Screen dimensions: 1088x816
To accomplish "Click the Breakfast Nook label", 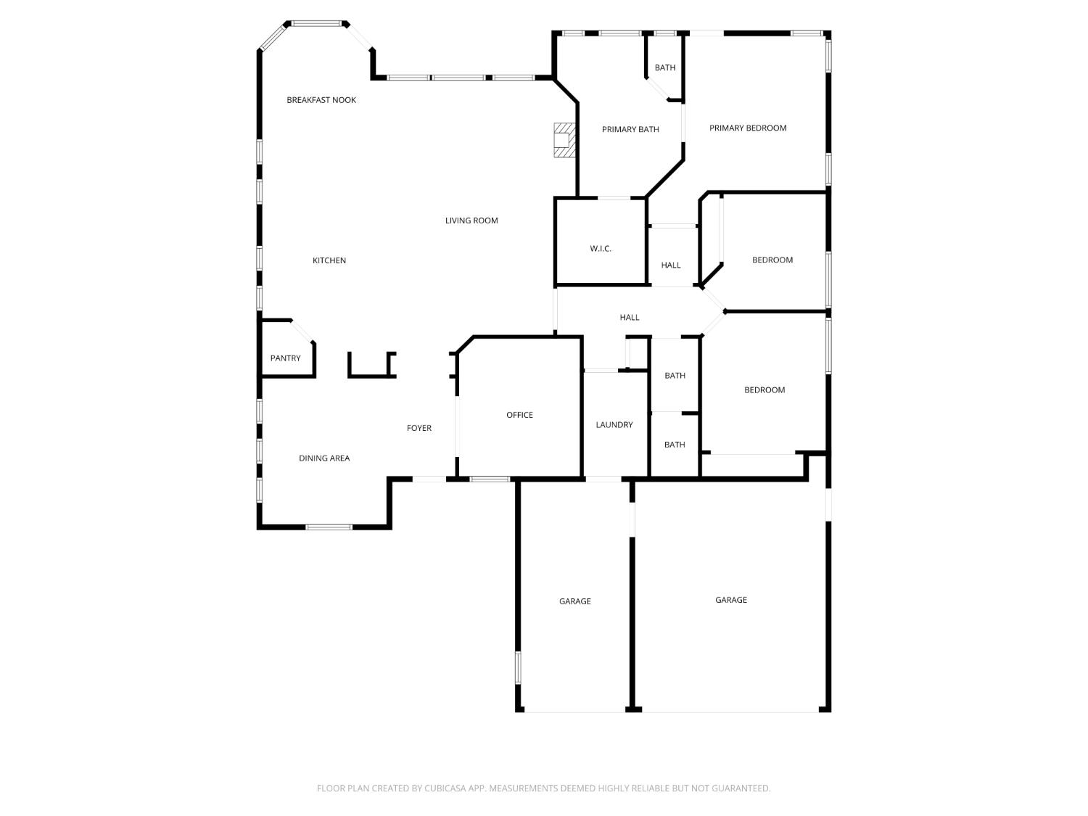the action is pos(321,100).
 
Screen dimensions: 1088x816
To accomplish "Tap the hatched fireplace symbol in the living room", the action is pos(564,140).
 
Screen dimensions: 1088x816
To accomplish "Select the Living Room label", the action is pos(471,221).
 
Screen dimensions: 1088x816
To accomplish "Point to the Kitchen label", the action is pos(329,260).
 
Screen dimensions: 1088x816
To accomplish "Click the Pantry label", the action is pos(286,358).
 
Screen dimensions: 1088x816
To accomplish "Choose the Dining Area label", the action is pos(324,458).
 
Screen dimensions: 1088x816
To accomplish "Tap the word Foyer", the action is pos(419,428).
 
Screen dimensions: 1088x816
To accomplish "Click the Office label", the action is pos(519,415).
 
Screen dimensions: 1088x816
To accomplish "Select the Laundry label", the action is pos(614,424).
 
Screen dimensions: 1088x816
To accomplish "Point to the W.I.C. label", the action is pos(601,249).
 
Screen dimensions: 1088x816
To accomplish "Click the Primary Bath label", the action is pos(630,129).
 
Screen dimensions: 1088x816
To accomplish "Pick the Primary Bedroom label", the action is pos(748,128).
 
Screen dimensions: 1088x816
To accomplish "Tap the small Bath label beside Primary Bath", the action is pos(665,67).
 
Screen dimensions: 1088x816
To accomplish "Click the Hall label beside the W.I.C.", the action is pos(671,265).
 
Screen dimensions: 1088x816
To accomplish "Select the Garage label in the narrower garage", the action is pos(575,601).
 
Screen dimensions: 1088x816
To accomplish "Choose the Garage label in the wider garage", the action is pos(731,600).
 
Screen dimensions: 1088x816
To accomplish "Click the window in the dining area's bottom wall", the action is pos(329,527).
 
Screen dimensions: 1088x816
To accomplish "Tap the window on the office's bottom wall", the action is pos(490,479).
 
